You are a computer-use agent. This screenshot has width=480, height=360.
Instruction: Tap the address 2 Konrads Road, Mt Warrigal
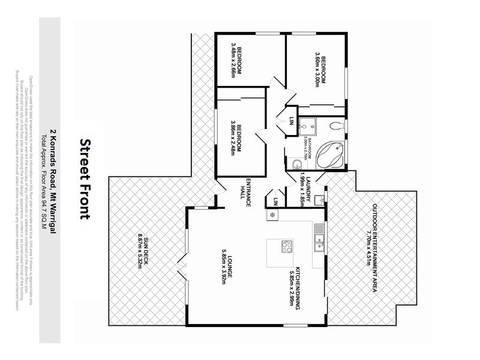53,181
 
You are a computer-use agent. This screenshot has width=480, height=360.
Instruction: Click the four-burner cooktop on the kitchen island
287,246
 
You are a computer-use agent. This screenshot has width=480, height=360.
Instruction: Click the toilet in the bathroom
337,125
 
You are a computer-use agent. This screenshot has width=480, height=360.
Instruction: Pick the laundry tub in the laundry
319,199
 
